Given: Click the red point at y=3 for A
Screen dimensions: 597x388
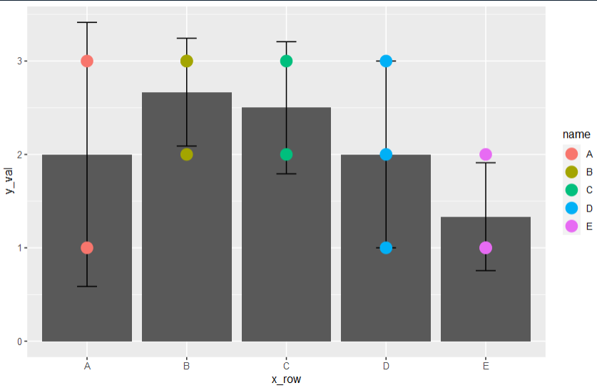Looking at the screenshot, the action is coord(87,61).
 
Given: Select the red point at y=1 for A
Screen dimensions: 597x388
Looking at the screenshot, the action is coord(87,248).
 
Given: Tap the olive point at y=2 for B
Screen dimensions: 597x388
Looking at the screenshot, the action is coord(187,154).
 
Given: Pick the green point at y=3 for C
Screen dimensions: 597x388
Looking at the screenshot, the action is coord(286,61).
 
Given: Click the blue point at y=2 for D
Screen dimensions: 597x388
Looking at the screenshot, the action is coord(386,154).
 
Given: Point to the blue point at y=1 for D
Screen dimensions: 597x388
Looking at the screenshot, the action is coord(386,248).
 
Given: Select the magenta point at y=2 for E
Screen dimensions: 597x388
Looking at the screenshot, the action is coord(486,154).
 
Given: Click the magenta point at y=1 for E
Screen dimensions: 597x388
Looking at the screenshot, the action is coord(486,248).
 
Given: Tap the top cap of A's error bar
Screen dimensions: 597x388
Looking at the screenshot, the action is coord(87,23).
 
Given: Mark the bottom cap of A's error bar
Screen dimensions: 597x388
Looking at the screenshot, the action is coord(87,287).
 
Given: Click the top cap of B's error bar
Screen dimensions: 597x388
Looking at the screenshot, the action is coord(187,38).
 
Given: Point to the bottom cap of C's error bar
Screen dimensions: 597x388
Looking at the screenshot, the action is coord(286,174).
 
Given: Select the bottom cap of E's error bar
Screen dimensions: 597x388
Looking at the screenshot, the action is coord(486,271).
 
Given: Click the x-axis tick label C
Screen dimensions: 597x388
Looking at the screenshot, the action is coord(286,367).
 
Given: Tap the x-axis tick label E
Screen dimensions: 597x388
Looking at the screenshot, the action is coord(486,367).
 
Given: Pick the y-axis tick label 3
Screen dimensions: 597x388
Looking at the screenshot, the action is coord(19,61).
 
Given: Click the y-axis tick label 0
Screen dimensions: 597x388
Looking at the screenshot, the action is coord(19,342).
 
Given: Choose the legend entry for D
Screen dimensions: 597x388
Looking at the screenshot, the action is coord(578,209).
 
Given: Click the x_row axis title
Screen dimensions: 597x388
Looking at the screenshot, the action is coord(286,379).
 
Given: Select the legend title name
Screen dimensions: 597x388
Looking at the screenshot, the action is coord(576,134).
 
